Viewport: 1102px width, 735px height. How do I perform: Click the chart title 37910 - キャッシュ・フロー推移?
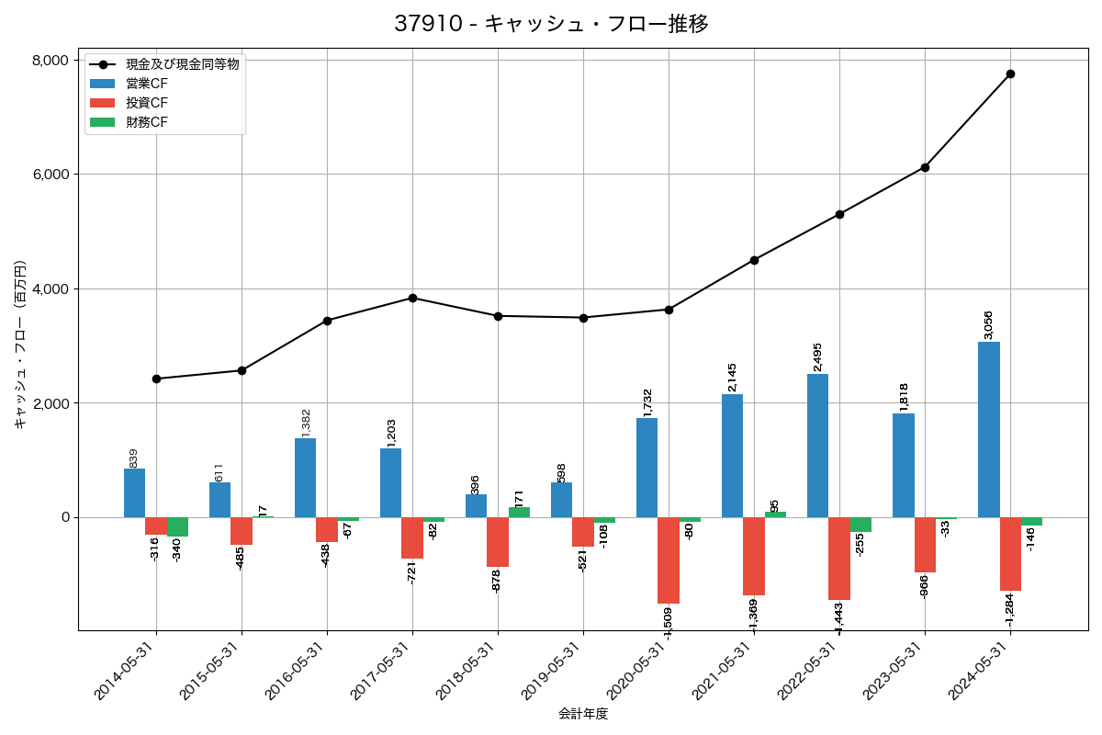551,24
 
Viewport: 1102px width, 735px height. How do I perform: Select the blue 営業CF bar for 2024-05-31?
989,429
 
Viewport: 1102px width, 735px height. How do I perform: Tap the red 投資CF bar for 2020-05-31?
669,560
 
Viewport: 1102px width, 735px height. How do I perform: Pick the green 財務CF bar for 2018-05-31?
519,512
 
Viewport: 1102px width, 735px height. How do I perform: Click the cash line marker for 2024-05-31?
1010,73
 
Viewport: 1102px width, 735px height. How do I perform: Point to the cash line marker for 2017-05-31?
412,298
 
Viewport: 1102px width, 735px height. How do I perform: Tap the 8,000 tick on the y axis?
51,60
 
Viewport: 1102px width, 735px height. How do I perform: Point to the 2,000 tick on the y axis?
51,403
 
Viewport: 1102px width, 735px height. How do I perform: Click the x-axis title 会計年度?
583,714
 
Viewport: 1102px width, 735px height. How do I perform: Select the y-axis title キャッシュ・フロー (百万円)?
20,345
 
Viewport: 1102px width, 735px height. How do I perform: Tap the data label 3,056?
988,324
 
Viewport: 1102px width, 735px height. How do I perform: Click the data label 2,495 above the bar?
817,356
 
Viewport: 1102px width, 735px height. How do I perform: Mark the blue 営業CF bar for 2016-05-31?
305,478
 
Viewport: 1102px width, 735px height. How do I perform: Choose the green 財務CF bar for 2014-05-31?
177,526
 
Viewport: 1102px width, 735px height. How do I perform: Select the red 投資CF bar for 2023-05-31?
925,545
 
